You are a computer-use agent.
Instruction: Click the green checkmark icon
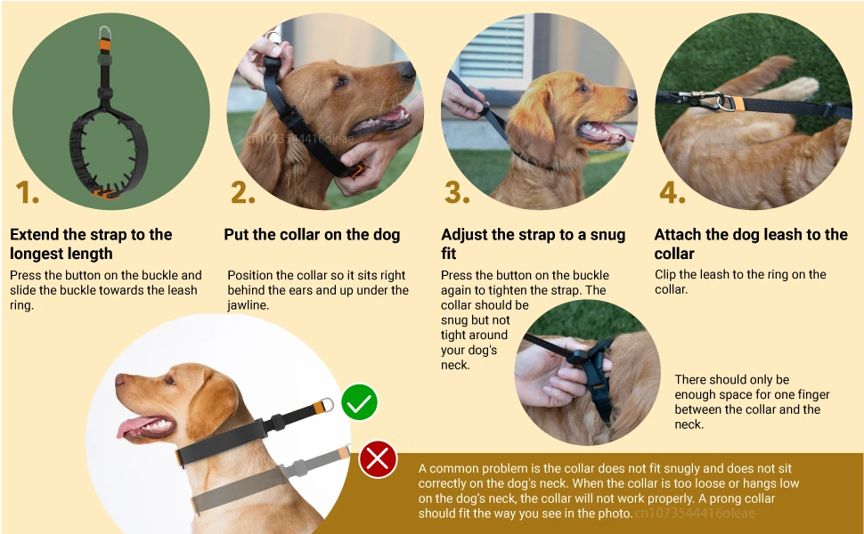click(359, 403)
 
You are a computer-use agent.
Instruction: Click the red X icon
click(378, 460)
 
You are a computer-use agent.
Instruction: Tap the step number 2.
click(242, 191)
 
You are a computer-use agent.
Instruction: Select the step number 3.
click(457, 191)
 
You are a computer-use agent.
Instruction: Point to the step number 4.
click(672, 191)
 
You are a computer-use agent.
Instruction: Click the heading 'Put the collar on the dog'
click(312, 235)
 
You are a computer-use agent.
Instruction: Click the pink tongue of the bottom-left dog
click(132, 428)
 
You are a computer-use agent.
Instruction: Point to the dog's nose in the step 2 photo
click(407, 70)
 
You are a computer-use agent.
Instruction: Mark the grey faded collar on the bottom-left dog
click(267, 480)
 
